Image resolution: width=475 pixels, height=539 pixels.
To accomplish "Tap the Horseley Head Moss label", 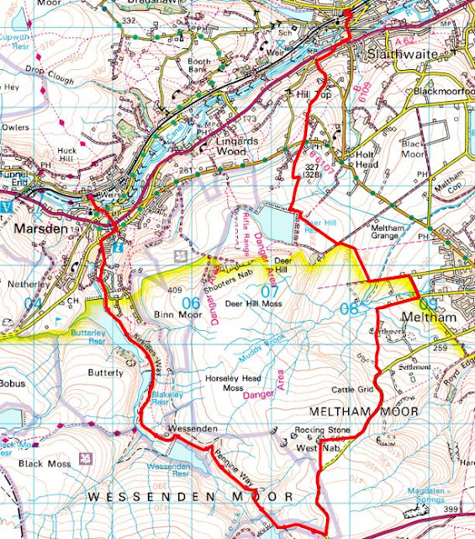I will [235, 385].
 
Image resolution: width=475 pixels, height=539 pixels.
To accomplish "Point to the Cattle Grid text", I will [353, 389].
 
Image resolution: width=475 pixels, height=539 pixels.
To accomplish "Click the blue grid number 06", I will [191, 302].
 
